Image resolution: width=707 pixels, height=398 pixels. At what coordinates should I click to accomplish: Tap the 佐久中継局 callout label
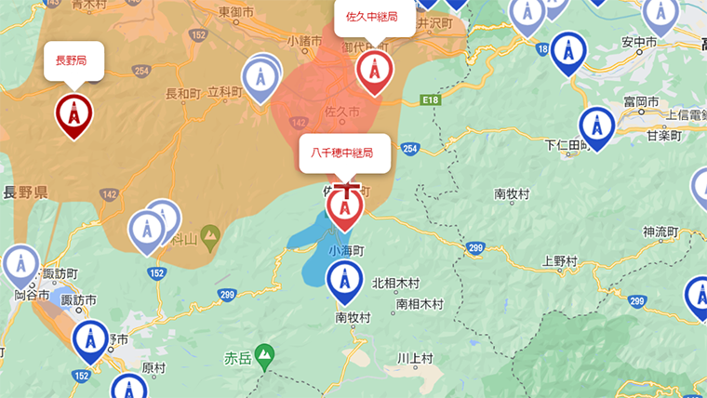click(x=374, y=17)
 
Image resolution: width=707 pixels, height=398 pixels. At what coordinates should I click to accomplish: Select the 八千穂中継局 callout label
click(x=344, y=153)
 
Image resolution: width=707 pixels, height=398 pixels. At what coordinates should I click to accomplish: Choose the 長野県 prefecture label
click(x=25, y=192)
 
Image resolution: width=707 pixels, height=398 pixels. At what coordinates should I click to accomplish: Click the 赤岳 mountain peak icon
click(x=265, y=354)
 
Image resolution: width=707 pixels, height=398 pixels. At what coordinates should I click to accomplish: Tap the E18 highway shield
click(x=428, y=99)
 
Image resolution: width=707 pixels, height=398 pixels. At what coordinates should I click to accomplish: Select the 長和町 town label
click(x=182, y=93)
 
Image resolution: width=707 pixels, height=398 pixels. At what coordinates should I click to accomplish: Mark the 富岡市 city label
click(x=640, y=100)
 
